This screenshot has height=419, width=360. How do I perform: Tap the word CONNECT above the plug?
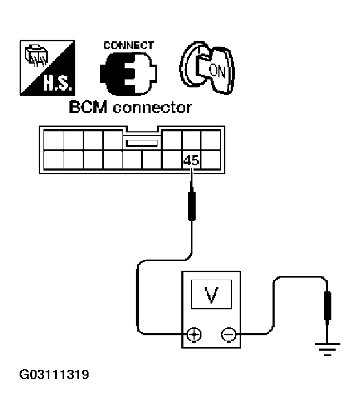point(129,46)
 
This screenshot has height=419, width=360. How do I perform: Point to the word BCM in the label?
point(83,108)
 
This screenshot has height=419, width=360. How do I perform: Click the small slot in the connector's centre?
point(141,143)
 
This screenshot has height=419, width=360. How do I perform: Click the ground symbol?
point(328,349)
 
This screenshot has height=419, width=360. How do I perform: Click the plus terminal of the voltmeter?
point(194,335)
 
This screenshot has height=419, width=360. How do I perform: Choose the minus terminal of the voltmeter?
point(229,335)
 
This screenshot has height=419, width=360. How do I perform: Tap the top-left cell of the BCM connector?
point(54,140)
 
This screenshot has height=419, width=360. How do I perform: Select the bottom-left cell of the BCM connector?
point(54,159)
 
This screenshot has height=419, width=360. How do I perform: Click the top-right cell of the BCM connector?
point(210,140)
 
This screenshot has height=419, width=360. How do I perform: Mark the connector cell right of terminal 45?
point(210,159)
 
